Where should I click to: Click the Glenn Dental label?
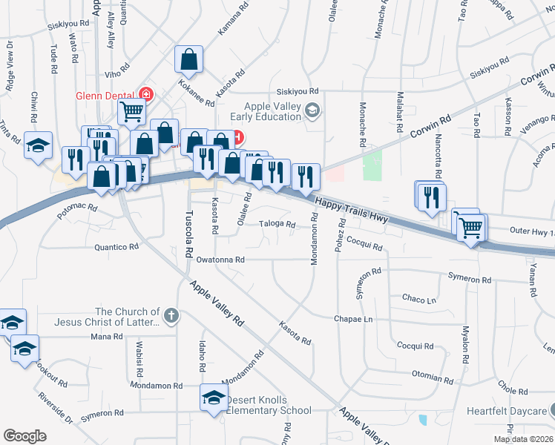pyautogui.click(x=107, y=94)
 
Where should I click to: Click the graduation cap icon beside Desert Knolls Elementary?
pyautogui.click(x=214, y=398)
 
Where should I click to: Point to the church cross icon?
pyautogui.click(x=171, y=316)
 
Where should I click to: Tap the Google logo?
pyautogui.click(x=24, y=435)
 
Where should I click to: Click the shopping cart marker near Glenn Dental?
pyautogui.click(x=131, y=112)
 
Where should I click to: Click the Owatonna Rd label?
pyautogui.click(x=220, y=260)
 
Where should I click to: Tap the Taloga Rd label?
pyautogui.click(x=277, y=224)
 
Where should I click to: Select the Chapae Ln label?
pyautogui.click(x=354, y=319)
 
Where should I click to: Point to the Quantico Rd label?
pyautogui.click(x=116, y=247)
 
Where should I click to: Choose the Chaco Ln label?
pyautogui.click(x=418, y=299)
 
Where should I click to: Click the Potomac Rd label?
pyautogui.click(x=77, y=208)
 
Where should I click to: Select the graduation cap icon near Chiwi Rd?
pyautogui.click(x=39, y=145)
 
